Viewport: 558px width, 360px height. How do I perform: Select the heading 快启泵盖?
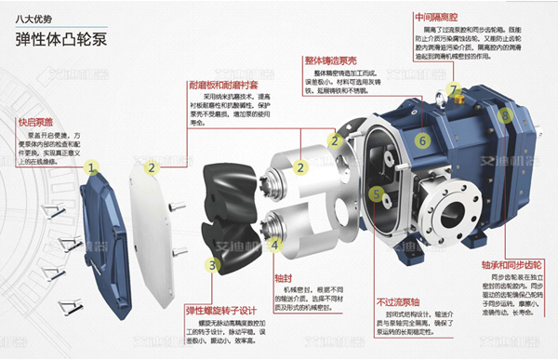click(37, 122)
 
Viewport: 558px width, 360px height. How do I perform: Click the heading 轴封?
click(285, 277)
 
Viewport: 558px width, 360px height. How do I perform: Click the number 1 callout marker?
click(91, 168)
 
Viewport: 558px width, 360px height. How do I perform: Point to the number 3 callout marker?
click(212, 265)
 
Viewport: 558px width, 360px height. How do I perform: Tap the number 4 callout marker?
click(276, 245)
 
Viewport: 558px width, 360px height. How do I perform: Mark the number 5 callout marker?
click(376, 194)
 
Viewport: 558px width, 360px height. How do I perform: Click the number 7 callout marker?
click(454, 90)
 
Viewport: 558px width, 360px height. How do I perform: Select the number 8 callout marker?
click(504, 116)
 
